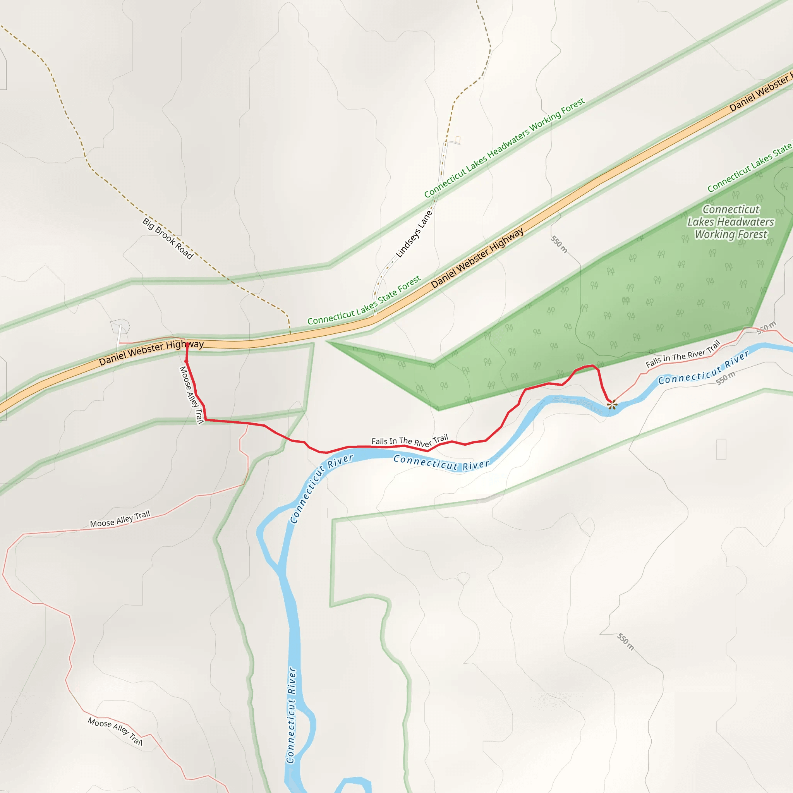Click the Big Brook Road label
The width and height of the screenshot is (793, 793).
(x=167, y=239)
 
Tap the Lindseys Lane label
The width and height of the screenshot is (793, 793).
(x=414, y=233)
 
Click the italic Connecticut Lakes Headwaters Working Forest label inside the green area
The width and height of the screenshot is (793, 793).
(x=731, y=221)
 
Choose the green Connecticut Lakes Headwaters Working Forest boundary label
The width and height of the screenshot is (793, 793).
(x=504, y=148)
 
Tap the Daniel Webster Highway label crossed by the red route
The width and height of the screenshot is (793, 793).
(x=151, y=352)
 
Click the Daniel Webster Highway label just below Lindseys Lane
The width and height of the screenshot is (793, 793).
(x=477, y=258)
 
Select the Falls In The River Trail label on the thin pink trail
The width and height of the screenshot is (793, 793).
(x=683, y=354)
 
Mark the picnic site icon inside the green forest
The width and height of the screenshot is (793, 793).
(x=626, y=300)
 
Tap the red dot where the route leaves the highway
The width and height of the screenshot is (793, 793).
(x=186, y=362)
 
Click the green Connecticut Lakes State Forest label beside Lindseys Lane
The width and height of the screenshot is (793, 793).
(x=364, y=300)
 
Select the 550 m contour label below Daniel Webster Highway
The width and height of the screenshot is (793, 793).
(x=559, y=244)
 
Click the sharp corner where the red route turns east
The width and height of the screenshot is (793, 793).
(x=205, y=420)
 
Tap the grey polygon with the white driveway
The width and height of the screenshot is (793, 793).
(x=120, y=327)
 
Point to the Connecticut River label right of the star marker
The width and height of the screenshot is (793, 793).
(x=704, y=368)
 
